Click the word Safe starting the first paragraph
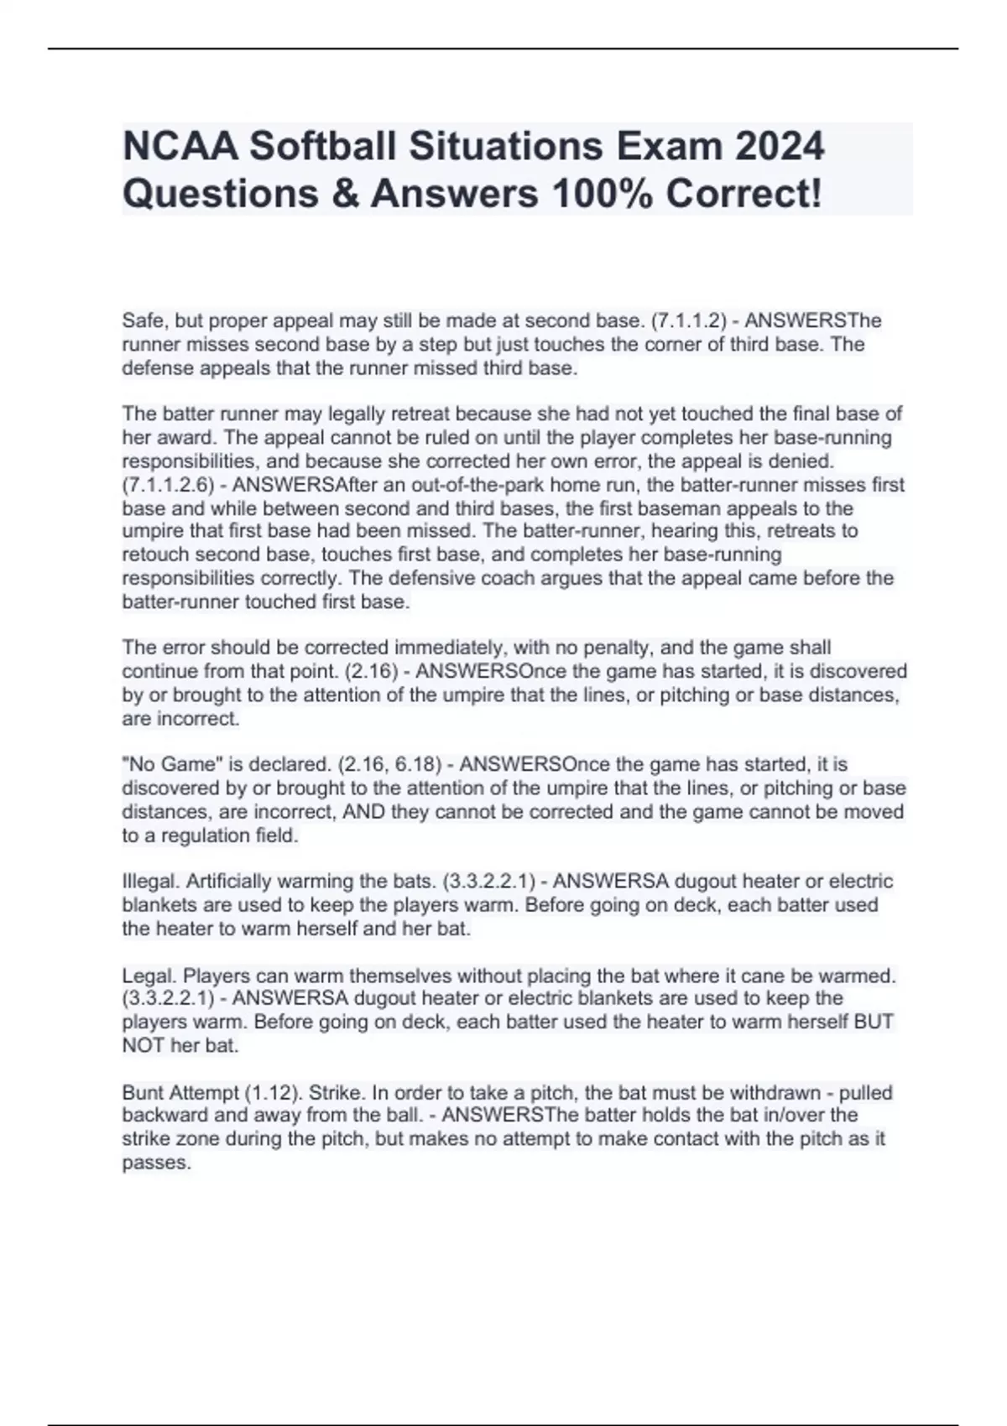pyautogui.click(x=143, y=321)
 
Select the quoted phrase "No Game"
pyautogui.click(x=164, y=765)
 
